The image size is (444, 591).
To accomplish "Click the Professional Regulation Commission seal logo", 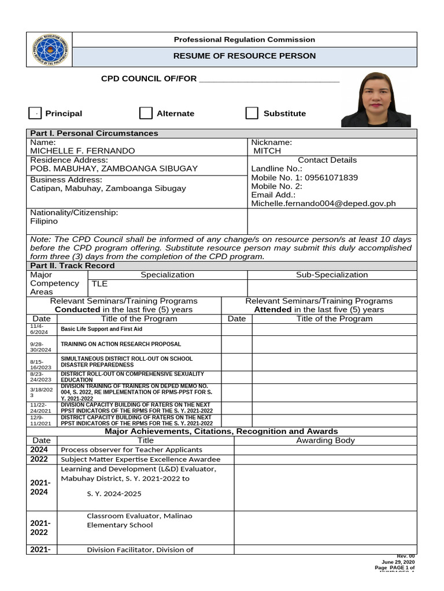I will pyautogui.click(x=50, y=50).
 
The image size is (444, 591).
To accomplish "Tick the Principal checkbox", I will pyautogui.click(x=35, y=113).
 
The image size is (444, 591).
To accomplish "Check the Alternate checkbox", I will pyautogui.click(x=146, y=113).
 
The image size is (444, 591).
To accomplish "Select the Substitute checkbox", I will pyautogui.click(x=251, y=113).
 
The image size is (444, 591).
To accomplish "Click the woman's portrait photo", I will pyautogui.click(x=376, y=99).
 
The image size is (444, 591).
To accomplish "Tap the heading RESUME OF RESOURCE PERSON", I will pyautogui.click(x=245, y=56).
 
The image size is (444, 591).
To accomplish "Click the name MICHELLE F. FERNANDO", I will pyautogui.click(x=83, y=151).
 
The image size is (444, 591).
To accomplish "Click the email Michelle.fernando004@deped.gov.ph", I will pyautogui.click(x=323, y=204).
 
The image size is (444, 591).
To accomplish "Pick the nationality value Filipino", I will pyautogui.click(x=44, y=221).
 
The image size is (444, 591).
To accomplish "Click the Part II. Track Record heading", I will pyautogui.click(x=72, y=265).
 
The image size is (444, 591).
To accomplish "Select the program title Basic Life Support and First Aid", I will pyautogui.click(x=101, y=329).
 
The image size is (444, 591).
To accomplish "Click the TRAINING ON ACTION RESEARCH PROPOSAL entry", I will pyautogui.click(x=121, y=345).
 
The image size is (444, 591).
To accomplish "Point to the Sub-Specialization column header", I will pyautogui.click(x=332, y=275).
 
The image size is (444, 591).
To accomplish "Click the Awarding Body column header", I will pyautogui.click(x=325, y=440).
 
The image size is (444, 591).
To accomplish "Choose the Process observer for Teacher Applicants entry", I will pyautogui.click(x=131, y=450).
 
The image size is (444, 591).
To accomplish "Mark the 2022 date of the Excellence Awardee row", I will pyautogui.click(x=39, y=459).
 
